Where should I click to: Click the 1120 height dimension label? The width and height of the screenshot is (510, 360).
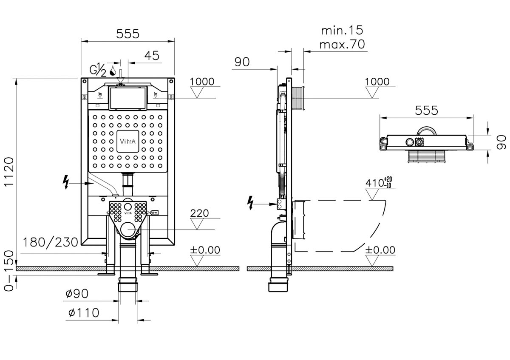[x=9, y=172]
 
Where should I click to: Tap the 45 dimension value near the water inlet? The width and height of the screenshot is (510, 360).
[x=152, y=56]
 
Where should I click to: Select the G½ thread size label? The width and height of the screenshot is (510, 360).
[x=98, y=70]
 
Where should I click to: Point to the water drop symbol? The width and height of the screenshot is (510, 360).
[x=113, y=71]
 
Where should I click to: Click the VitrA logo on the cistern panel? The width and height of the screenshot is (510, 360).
[x=128, y=142]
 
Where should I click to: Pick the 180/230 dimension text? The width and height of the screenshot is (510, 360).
[x=50, y=242]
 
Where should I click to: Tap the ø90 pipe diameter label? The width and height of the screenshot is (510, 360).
[x=77, y=294]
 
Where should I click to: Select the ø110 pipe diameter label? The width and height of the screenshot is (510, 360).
[x=84, y=313]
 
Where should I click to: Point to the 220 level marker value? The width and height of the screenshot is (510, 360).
[x=199, y=213]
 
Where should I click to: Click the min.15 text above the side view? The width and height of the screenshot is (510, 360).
[x=342, y=30]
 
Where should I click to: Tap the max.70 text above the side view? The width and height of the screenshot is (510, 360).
[x=342, y=44]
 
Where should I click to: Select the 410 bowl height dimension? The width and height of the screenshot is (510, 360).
[x=379, y=183]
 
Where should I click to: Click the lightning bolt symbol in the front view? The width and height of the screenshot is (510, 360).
[x=66, y=182]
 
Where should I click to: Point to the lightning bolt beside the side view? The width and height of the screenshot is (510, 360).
[x=250, y=203]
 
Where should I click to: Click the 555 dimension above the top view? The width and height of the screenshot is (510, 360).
[x=426, y=111]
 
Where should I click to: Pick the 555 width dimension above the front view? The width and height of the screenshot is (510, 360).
[x=127, y=34]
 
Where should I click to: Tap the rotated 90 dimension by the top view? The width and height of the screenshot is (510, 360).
[x=501, y=142]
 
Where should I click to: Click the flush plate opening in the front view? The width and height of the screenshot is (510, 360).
[x=127, y=98]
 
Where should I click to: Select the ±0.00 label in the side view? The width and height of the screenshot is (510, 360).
[x=380, y=250]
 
